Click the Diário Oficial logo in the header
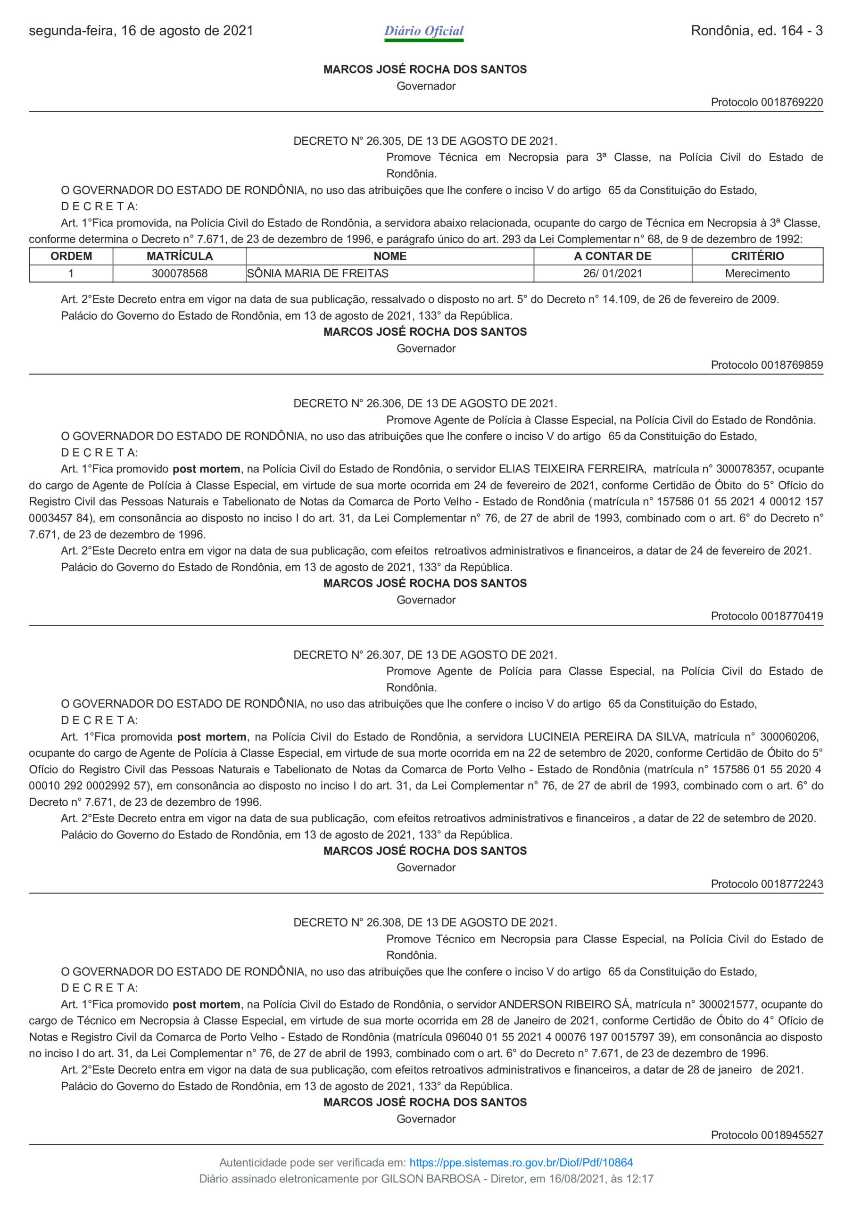click(x=423, y=32)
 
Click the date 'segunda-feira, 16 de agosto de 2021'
click(x=141, y=31)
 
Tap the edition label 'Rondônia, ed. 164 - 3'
click(x=756, y=31)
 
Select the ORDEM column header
click(x=71, y=256)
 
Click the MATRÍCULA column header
click(x=179, y=256)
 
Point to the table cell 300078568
click(x=179, y=273)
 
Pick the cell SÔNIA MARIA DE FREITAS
click(x=318, y=273)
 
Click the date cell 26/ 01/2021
click(x=612, y=273)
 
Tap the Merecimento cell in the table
click(x=757, y=273)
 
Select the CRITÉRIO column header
click(x=757, y=256)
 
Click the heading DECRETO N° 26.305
click(x=425, y=141)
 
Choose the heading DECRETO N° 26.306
click(x=425, y=404)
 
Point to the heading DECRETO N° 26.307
click(x=425, y=654)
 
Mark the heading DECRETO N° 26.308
click(x=425, y=922)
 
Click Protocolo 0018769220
click(x=766, y=102)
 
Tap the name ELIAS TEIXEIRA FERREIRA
click(x=571, y=469)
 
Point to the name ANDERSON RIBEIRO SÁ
click(x=564, y=1004)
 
